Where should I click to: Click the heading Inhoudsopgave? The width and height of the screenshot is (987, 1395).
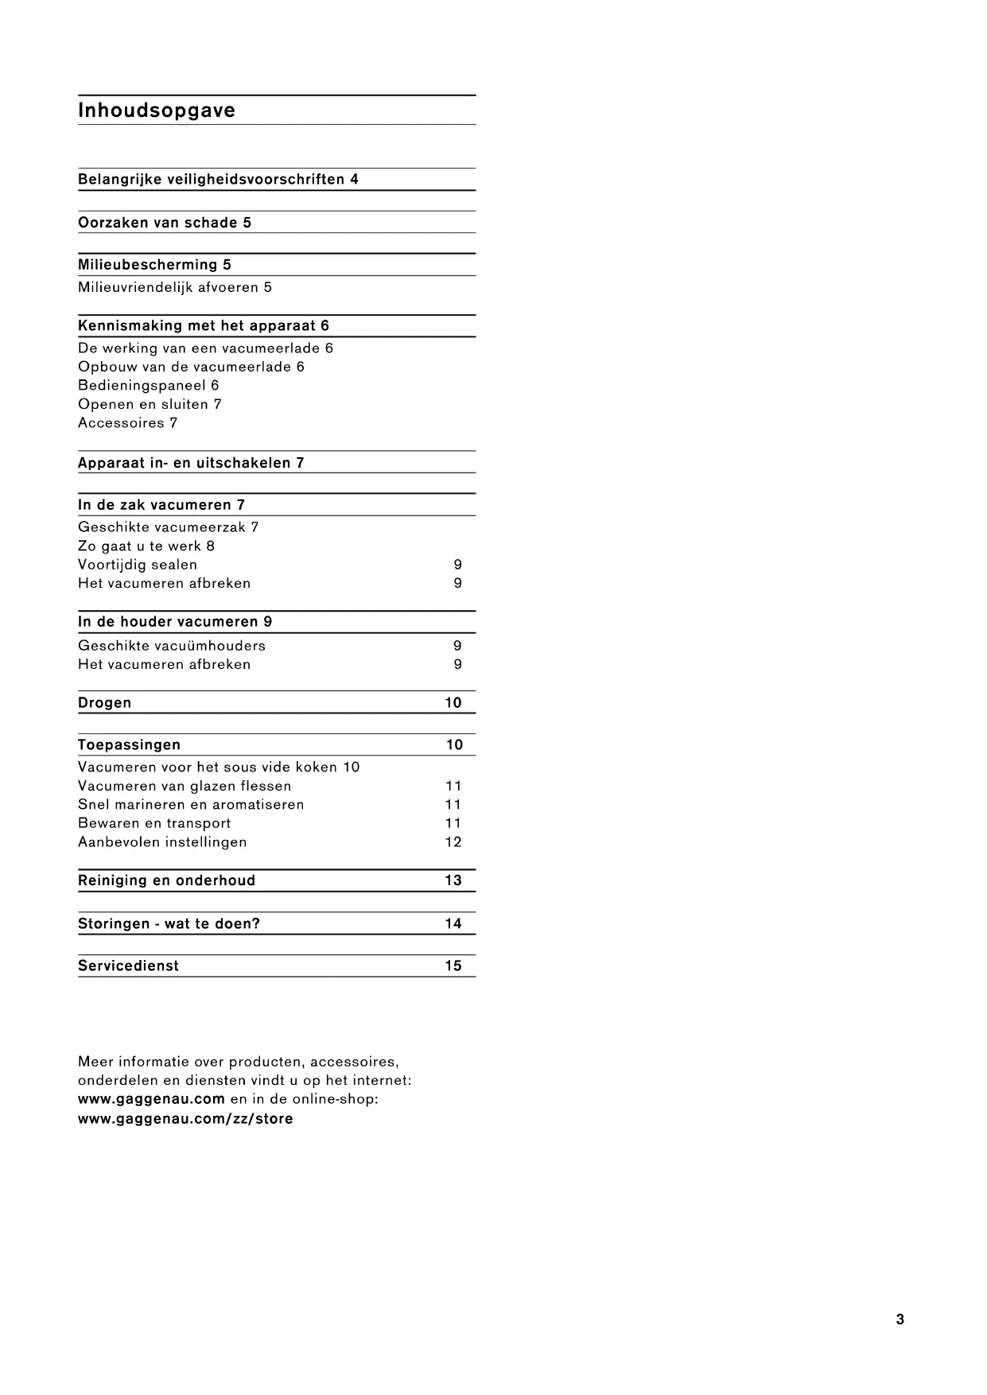[x=157, y=111]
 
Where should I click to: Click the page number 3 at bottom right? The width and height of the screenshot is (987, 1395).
[x=900, y=1319]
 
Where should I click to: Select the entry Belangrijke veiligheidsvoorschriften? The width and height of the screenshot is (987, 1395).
[x=212, y=180]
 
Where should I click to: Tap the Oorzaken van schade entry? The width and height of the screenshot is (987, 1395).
[x=157, y=223]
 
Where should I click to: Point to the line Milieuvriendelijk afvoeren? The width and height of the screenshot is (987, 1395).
[x=169, y=287]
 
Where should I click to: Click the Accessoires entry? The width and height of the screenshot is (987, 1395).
[x=121, y=423]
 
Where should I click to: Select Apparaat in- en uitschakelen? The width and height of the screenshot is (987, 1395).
[x=185, y=463]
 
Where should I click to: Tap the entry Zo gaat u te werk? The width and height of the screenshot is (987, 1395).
[x=140, y=546]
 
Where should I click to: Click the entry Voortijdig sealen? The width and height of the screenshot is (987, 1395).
[x=138, y=565]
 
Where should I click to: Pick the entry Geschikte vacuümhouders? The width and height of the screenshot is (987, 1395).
[x=172, y=646]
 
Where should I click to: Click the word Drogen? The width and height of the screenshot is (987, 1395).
[x=105, y=703]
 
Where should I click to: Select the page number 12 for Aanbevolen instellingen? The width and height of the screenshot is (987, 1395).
[x=453, y=842]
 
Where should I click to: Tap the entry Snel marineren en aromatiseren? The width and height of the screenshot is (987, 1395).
[x=191, y=805]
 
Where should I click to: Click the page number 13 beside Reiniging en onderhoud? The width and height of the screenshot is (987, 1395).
[x=453, y=880]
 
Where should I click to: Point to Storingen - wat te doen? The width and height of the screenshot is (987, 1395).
[x=169, y=924]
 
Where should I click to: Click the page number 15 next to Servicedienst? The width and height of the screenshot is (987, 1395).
[x=453, y=966]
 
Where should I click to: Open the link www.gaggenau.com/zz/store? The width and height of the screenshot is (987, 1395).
[x=185, y=1119]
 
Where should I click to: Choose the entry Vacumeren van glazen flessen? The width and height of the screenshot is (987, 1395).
[x=185, y=787]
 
